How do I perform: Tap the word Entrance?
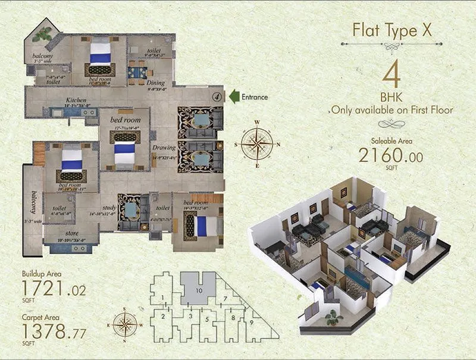[x=255, y=96]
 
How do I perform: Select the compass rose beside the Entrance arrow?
[x=257, y=143]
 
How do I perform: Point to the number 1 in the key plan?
[x=162, y=297]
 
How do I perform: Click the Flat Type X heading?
[x=391, y=30]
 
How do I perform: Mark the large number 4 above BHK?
[x=391, y=76]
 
